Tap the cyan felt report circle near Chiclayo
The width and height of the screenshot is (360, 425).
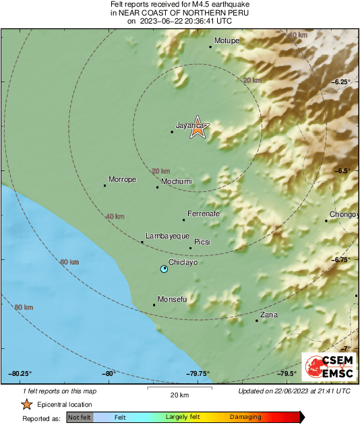click(x=164, y=269)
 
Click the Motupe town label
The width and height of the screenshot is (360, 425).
click(x=227, y=41)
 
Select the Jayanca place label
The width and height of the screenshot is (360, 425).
click(x=189, y=125)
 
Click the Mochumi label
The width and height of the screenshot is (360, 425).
click(x=177, y=181)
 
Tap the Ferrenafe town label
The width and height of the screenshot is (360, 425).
click(x=204, y=214)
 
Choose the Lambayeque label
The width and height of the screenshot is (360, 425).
click(x=167, y=236)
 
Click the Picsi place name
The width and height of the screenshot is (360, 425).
click(x=202, y=242)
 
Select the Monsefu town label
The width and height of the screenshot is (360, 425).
click(x=172, y=299)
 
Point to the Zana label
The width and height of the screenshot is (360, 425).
click(x=269, y=315)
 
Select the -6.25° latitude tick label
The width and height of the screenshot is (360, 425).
click(x=341, y=81)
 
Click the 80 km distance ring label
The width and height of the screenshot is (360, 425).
click(x=24, y=307)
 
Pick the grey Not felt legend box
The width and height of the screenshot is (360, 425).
click(x=79, y=418)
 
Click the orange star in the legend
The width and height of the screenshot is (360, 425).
click(x=26, y=404)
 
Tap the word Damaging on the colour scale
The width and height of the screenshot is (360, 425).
click(x=245, y=418)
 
